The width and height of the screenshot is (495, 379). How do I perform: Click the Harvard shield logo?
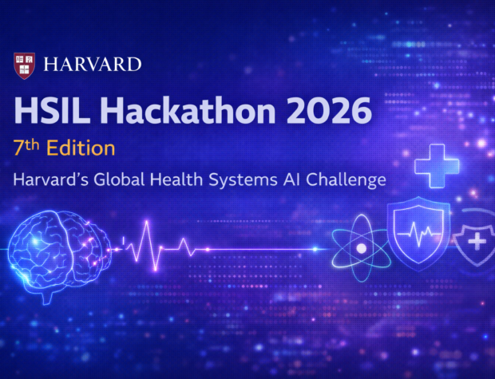[x=24, y=65]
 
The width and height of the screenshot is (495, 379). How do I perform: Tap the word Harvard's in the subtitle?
[x=49, y=180]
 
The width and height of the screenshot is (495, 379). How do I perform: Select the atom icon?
[x=361, y=247]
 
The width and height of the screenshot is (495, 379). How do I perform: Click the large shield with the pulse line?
[x=418, y=235]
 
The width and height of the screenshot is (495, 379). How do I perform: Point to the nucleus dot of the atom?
[x=361, y=247]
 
